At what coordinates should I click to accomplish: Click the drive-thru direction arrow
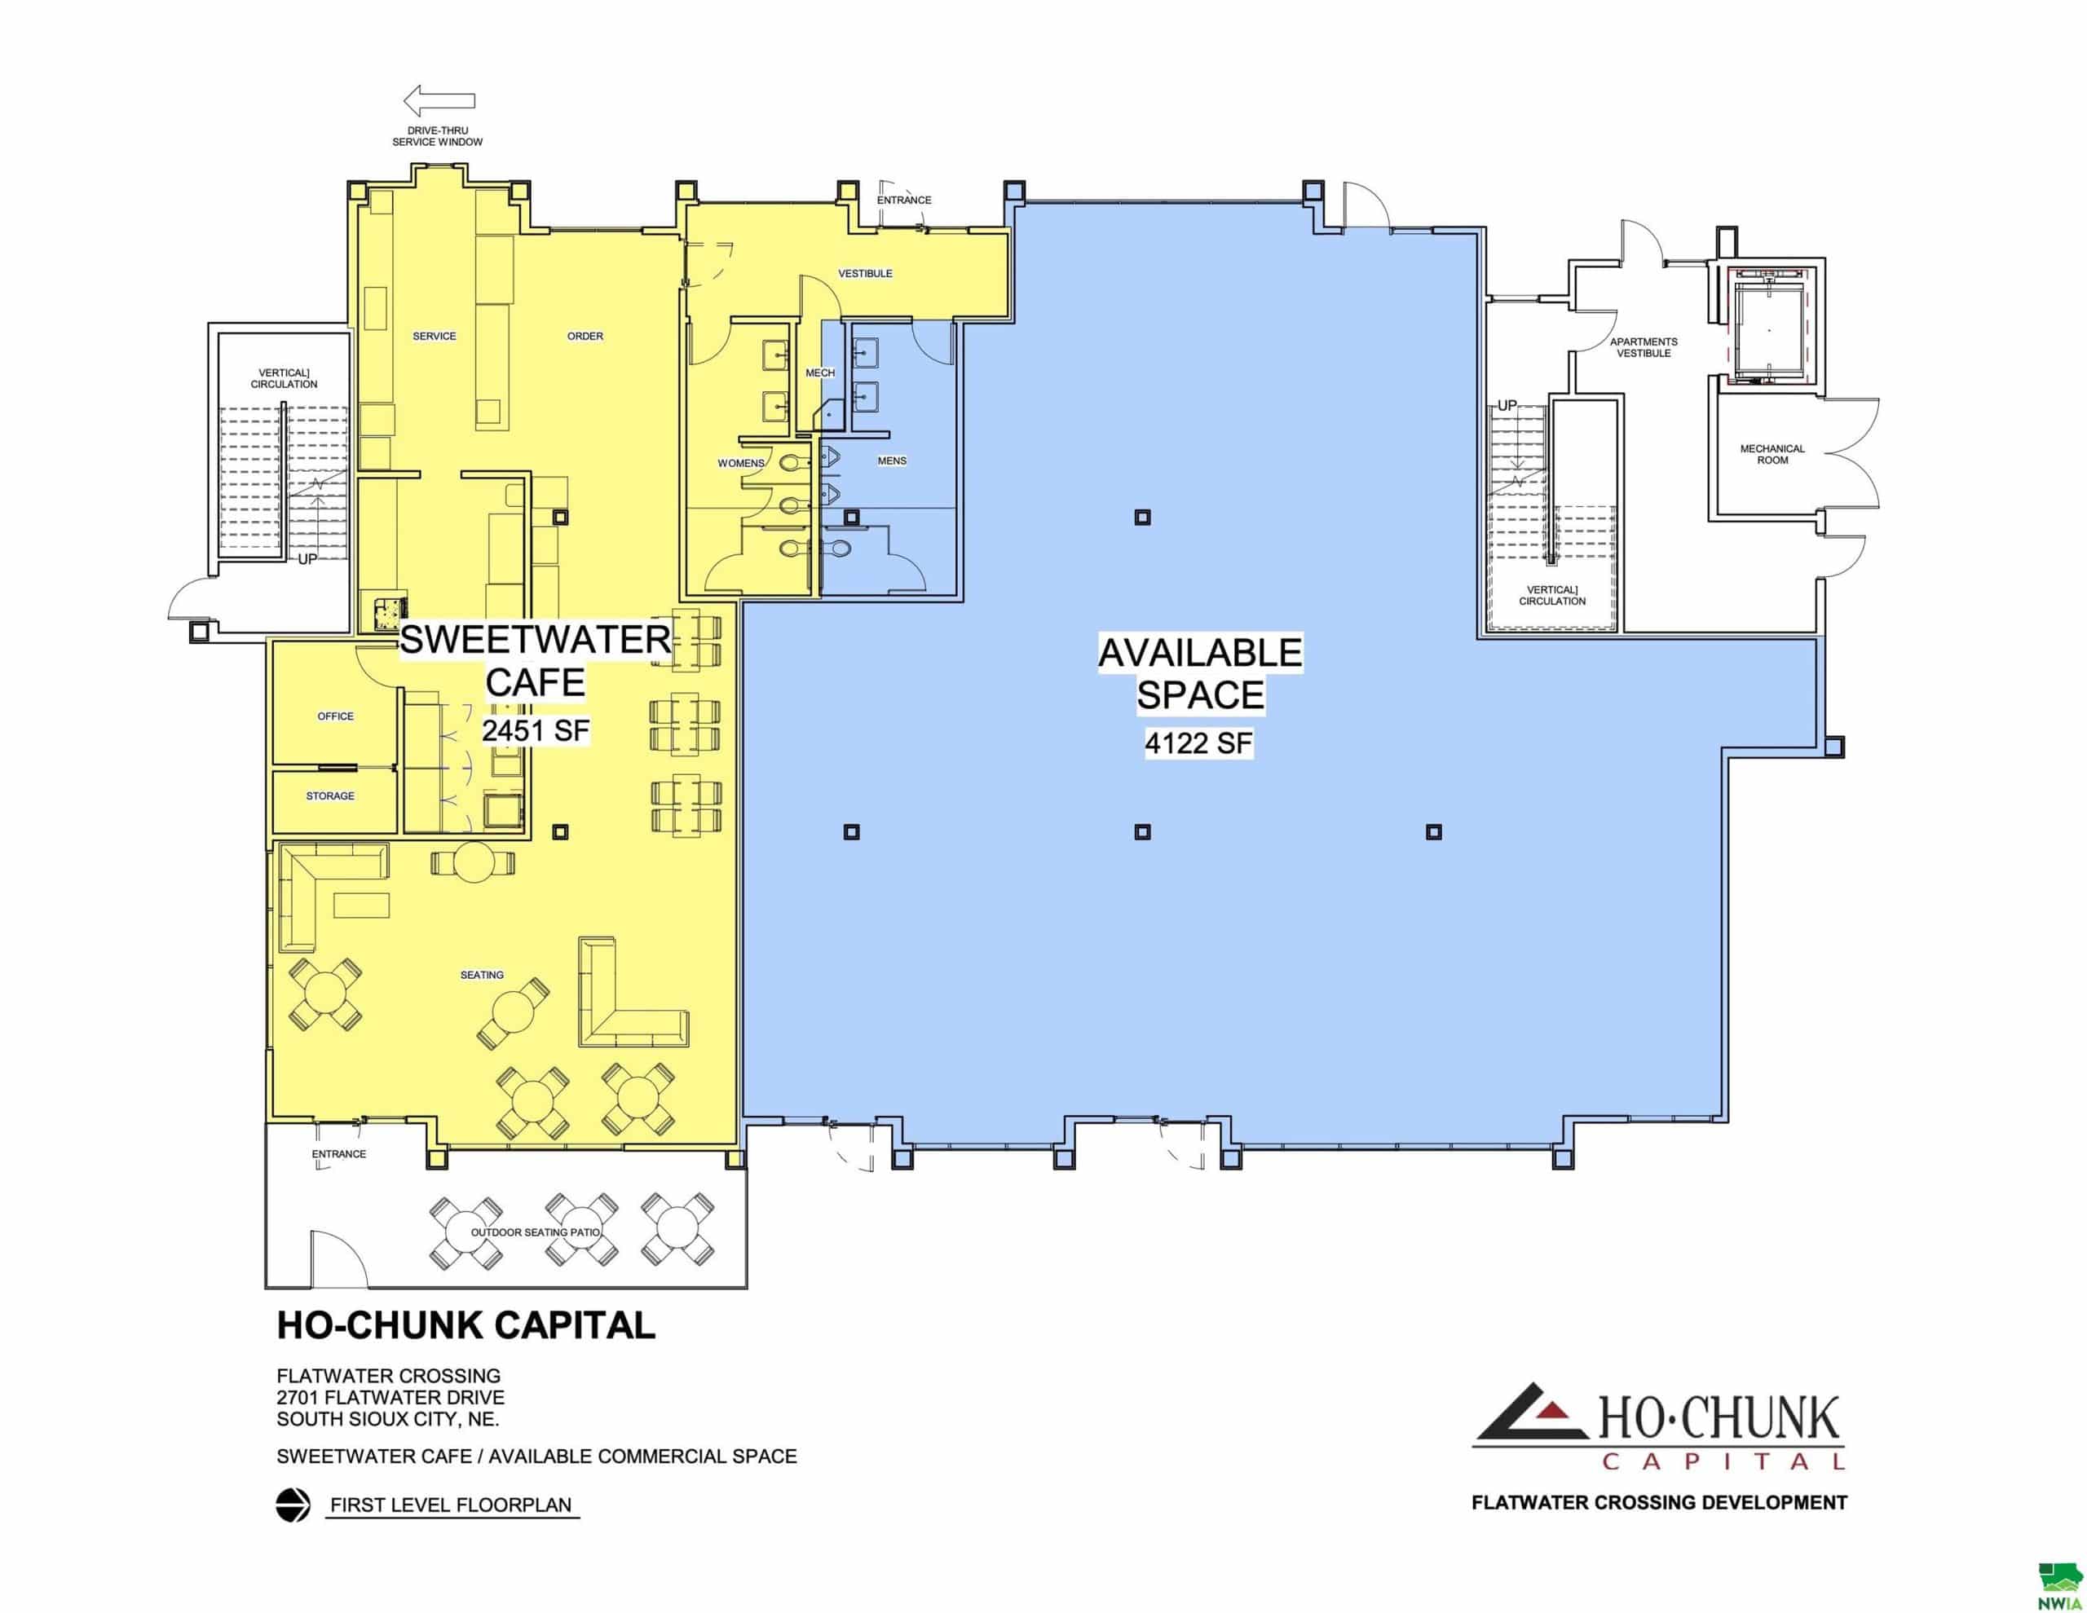[x=439, y=99]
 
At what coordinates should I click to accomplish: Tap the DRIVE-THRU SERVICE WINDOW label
[x=438, y=135]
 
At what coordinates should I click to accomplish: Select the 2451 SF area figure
[x=535, y=731]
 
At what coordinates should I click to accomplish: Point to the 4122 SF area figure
[x=1198, y=743]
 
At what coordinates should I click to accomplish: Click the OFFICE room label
[x=335, y=716]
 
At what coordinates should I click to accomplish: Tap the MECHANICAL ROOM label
[x=1772, y=454]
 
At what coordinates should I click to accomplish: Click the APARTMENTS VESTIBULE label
[x=1644, y=347]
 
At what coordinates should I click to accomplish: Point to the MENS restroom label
[x=892, y=461]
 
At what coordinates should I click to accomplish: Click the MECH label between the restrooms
[x=820, y=372]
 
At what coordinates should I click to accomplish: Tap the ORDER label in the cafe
[x=585, y=337]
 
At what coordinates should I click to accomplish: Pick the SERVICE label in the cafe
[x=435, y=337]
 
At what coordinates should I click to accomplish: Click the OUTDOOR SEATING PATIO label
[x=535, y=1232]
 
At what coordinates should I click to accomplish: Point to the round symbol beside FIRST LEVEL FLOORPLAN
[x=293, y=1505]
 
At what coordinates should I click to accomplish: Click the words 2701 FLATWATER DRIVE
[x=390, y=1397]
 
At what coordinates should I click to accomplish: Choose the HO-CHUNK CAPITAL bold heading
[x=466, y=1325]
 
